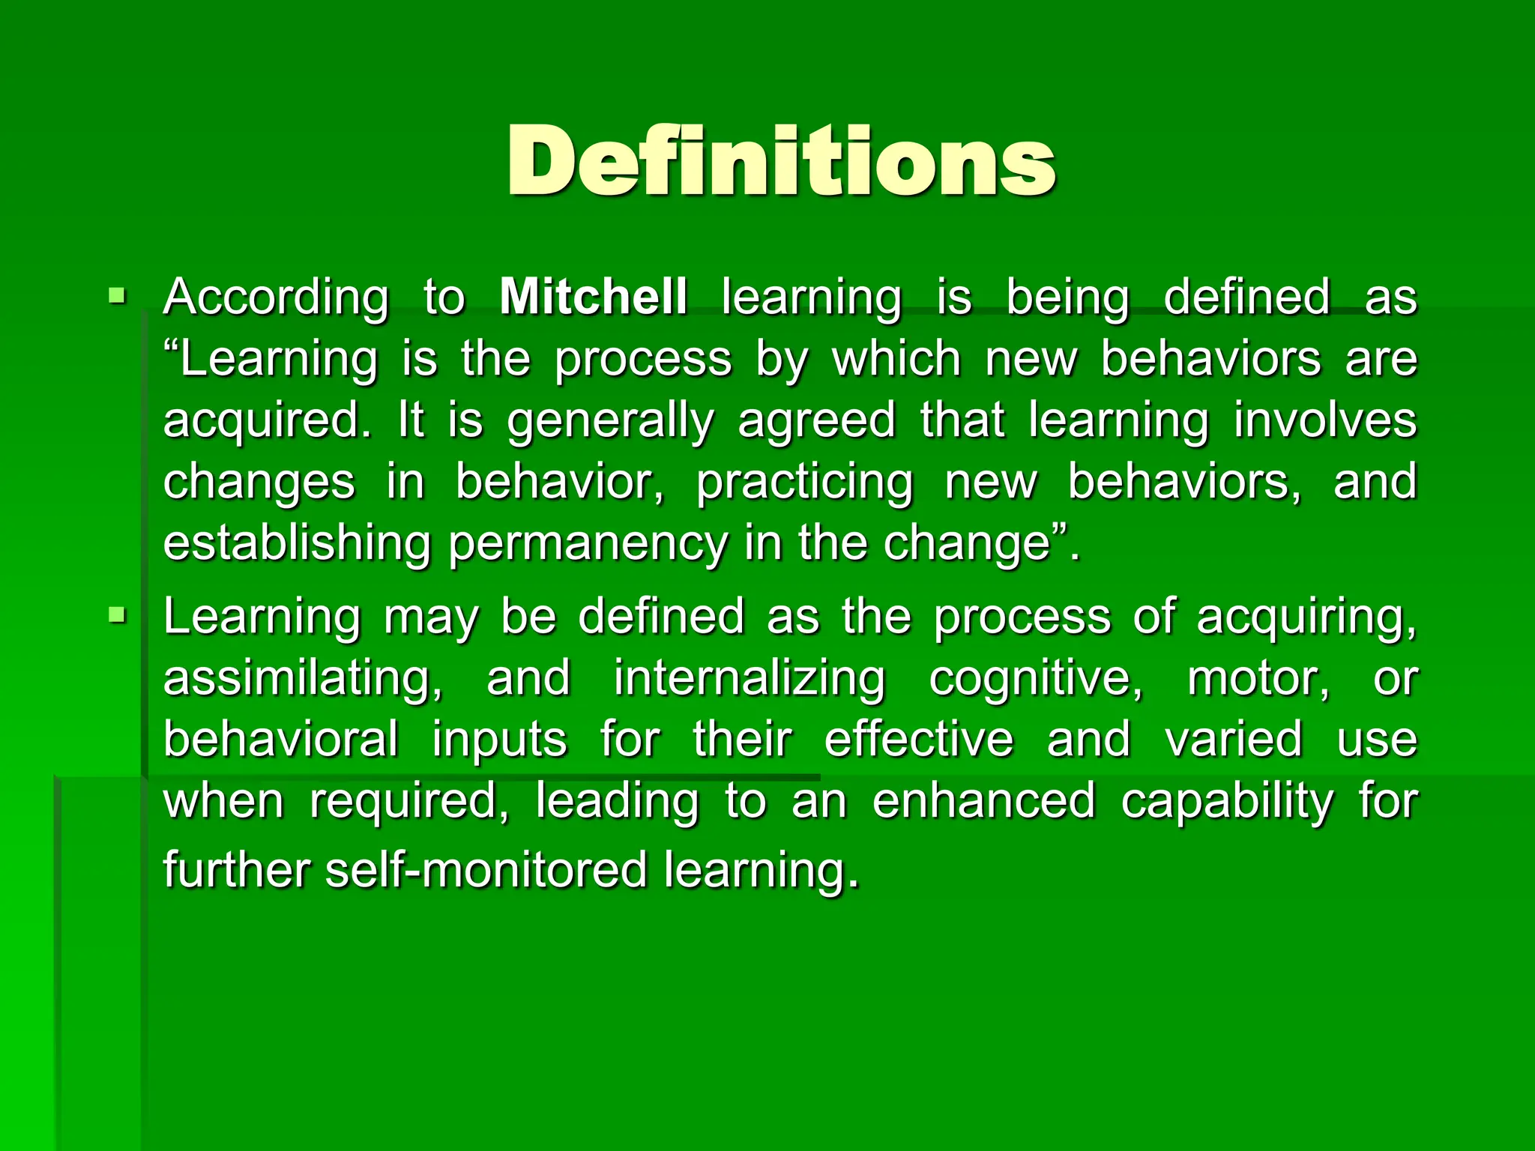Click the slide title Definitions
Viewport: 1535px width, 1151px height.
(781, 161)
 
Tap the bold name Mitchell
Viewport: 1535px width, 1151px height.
(593, 297)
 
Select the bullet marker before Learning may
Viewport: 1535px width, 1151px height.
(117, 616)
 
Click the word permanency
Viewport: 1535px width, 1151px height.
(588, 545)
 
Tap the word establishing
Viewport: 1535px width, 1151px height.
(297, 543)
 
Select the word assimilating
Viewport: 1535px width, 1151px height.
(303, 680)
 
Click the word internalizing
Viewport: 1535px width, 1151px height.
(750, 680)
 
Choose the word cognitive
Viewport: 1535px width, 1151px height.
(1036, 680)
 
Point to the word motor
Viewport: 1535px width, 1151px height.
(1258, 680)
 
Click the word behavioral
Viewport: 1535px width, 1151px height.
(280, 740)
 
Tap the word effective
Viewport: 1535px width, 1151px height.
(919, 740)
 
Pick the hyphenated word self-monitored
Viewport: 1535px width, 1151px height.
(486, 870)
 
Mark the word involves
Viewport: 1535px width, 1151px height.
(1325, 420)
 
